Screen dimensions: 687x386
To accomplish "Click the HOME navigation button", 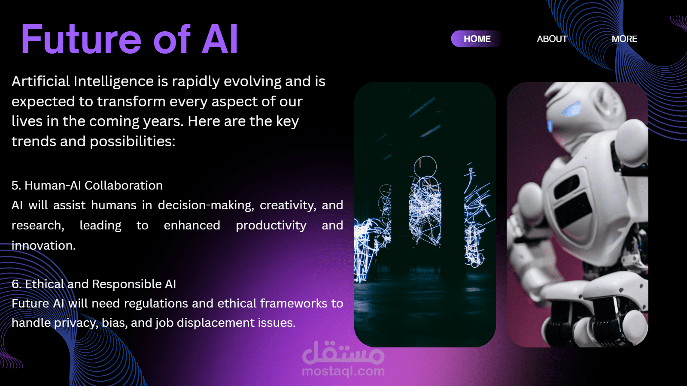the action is pos(477,39).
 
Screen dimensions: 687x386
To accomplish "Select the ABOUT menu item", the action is pos(552,39).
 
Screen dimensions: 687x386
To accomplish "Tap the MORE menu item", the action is pos(624,39).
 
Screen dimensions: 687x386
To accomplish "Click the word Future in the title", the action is pos(81,39).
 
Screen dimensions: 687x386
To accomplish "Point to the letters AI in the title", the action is pos(219,39).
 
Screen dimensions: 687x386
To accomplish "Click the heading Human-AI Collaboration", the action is pos(94,185).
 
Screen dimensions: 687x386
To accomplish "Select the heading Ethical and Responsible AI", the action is pos(100,284).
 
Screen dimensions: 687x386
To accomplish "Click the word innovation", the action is pos(43,245).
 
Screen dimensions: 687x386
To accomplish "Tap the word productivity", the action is pos(271,226).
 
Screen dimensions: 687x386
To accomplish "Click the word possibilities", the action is pos(133,142).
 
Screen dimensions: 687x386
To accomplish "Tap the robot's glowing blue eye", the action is pos(571,109).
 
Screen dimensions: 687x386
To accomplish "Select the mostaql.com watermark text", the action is pos(343,371).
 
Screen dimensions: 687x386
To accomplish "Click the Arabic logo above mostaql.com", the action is pos(343,352).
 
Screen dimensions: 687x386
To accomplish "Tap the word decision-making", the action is pos(206,205).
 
